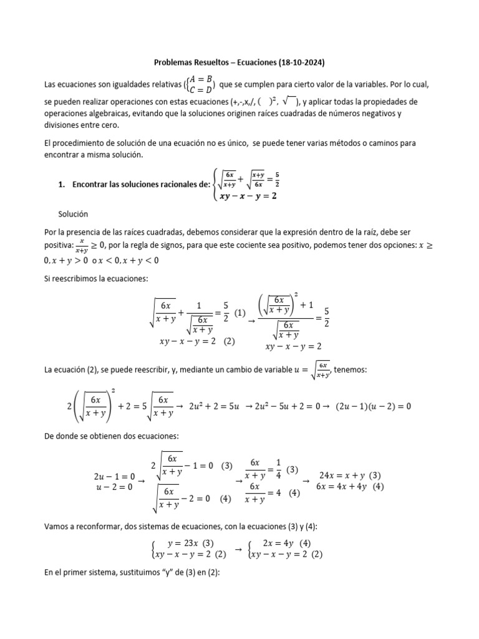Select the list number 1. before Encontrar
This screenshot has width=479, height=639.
point(61,184)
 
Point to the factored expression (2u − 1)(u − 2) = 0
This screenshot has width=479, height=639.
point(374,406)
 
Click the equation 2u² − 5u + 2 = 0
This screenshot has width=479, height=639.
point(286,406)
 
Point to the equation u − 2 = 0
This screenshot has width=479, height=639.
point(114,487)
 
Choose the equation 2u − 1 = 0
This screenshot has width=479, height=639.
point(114,477)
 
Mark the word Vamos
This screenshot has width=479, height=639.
point(57,526)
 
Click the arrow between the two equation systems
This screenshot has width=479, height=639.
point(238,549)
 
